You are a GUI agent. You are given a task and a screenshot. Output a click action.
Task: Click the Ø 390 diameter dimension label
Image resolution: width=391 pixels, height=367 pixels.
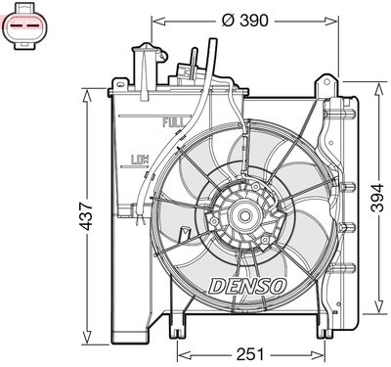pos(245,19)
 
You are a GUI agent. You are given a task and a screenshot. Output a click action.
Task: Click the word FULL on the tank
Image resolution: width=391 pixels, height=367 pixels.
pos(173,124)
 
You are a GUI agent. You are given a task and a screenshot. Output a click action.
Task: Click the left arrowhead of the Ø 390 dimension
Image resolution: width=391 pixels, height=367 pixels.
pos(156,19)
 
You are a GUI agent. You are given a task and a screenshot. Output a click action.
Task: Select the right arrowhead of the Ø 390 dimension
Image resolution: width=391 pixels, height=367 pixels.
pos(333,19)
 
